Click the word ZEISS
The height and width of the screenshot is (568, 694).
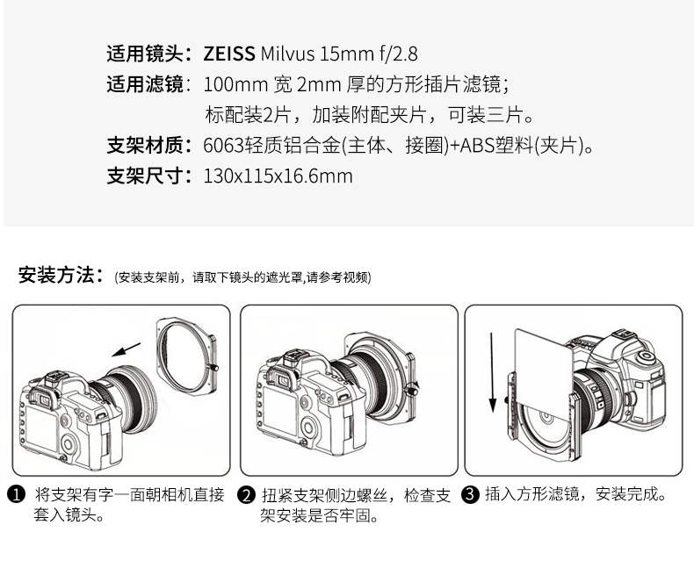click(x=228, y=54)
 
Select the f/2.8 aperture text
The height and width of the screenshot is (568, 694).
click(x=398, y=54)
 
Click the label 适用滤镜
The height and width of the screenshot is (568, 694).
click(x=145, y=84)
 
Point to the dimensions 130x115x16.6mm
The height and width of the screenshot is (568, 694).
click(x=278, y=176)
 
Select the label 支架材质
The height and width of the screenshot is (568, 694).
click(x=145, y=145)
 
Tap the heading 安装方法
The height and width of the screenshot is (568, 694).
click(x=56, y=275)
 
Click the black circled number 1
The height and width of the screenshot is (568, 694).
click(x=17, y=494)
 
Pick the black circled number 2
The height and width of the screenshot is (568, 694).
click(x=246, y=494)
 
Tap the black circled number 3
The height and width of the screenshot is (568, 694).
click(x=471, y=494)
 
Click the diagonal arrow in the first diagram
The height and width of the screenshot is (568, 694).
click(x=126, y=349)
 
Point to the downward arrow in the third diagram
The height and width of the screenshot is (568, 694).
click(x=492, y=372)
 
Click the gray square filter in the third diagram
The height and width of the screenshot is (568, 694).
click(x=543, y=367)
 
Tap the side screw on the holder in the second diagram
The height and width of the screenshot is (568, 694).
click(x=413, y=389)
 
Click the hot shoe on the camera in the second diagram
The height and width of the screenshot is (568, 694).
click(x=293, y=356)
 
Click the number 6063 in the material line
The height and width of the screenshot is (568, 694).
click(x=224, y=145)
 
